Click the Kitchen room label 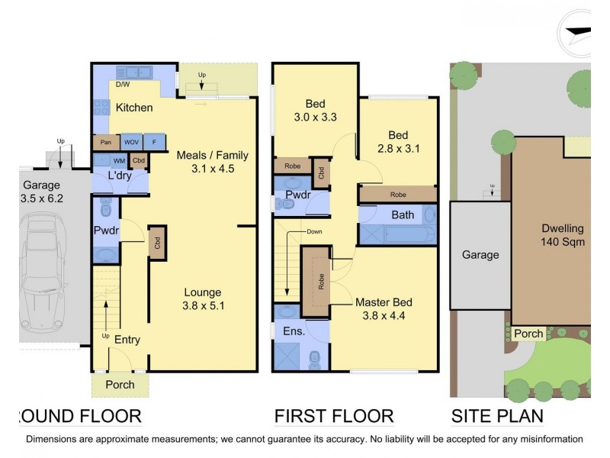tap(134, 108)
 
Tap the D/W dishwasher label tap(122, 85)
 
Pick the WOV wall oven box tap(131, 142)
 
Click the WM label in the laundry tap(119, 161)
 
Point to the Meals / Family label tap(213, 155)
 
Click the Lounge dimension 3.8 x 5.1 tap(202, 305)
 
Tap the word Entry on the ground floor tap(127, 340)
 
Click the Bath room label tap(403, 215)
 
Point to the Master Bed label tap(384, 302)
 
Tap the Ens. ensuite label tap(294, 332)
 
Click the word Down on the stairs tap(315, 231)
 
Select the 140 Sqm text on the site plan tap(563, 242)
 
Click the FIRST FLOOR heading tap(334, 416)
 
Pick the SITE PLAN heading tap(497, 416)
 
